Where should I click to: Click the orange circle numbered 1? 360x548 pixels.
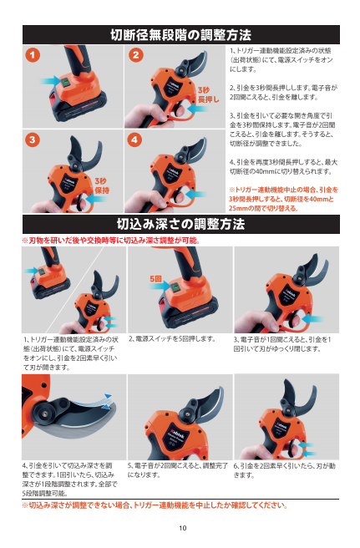[x=33, y=55]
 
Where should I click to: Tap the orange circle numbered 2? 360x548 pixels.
[x=136, y=55]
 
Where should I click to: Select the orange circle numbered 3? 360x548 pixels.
[x=33, y=140]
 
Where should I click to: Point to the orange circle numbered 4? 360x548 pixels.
[x=135, y=140]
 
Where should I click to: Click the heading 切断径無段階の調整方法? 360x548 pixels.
[x=181, y=35]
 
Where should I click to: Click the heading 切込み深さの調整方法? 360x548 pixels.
[x=181, y=224]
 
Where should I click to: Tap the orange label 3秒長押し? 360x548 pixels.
[x=208, y=94]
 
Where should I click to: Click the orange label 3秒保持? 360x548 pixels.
[x=102, y=185]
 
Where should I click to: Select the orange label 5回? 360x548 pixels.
[x=156, y=279]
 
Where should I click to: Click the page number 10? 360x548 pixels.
[x=183, y=528]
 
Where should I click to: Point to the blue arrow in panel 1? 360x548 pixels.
[x=50, y=80]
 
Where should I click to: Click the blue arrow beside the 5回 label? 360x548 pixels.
[x=160, y=286]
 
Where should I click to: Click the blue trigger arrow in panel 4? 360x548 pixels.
[x=196, y=194]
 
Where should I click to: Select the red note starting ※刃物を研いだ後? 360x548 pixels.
[x=111, y=241]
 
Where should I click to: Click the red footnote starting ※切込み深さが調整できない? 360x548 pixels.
[x=155, y=505]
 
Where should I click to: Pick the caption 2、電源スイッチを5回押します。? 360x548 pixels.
[x=172, y=338]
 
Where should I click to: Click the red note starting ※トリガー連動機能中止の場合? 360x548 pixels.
[x=283, y=199]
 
